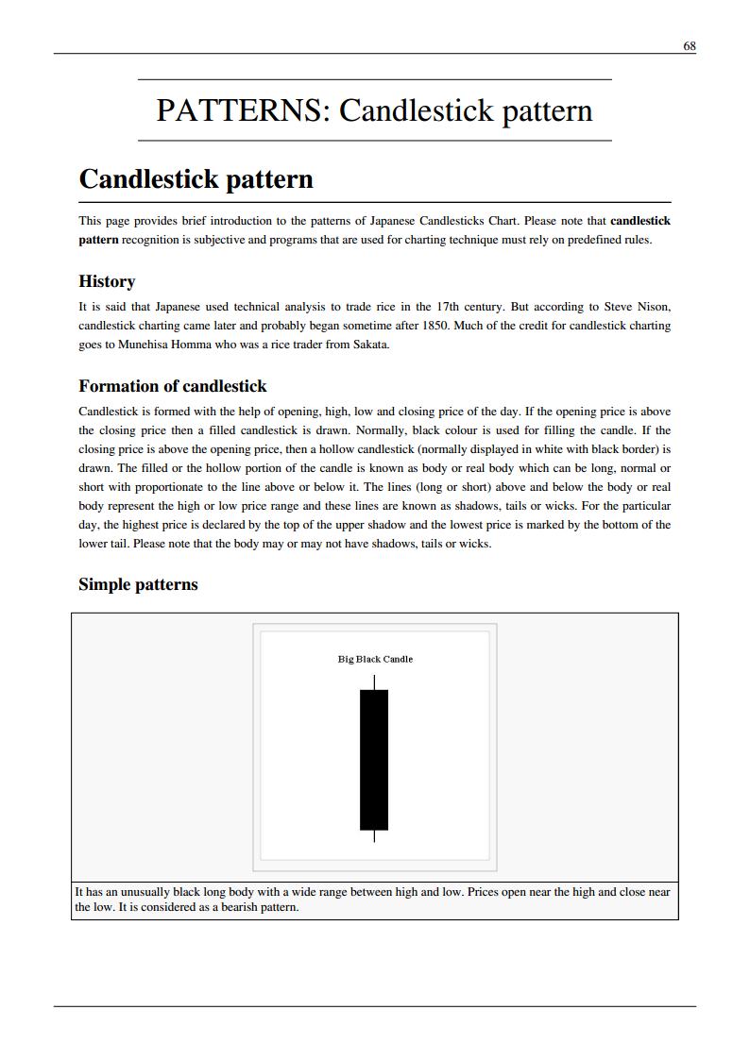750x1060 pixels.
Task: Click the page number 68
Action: (689, 45)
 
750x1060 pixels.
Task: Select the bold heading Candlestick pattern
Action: (196, 179)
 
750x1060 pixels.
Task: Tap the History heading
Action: (107, 281)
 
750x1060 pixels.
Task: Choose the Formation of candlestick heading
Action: (172, 386)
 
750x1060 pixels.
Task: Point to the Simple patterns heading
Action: (138, 584)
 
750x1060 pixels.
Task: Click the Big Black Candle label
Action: (375, 659)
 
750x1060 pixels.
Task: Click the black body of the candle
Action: (374, 760)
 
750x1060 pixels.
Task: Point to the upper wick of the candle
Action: (374, 681)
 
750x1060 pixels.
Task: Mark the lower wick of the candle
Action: (374, 836)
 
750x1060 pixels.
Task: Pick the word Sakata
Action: (369, 345)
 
